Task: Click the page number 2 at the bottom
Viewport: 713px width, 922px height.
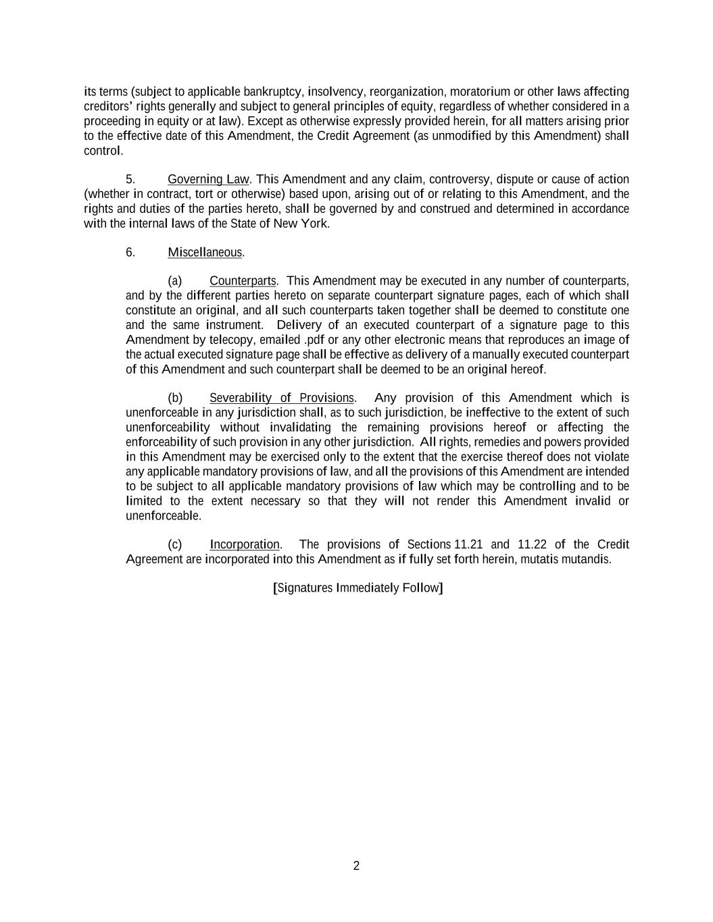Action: [x=356, y=866]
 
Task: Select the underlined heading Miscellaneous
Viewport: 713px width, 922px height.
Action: [x=205, y=252]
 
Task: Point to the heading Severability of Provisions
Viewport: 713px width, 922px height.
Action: [x=281, y=398]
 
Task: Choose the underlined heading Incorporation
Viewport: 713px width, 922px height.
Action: [x=245, y=544]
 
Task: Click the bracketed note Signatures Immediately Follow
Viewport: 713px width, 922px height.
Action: [x=358, y=588]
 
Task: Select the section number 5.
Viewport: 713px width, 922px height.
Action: [x=130, y=179]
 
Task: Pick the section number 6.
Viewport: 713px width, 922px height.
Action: [x=130, y=252]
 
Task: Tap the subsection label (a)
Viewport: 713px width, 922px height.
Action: [x=175, y=280]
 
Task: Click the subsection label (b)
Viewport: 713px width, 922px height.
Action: [x=175, y=398]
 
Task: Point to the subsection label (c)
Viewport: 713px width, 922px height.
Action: [x=175, y=544]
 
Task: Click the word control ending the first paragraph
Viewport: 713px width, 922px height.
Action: [x=102, y=151]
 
